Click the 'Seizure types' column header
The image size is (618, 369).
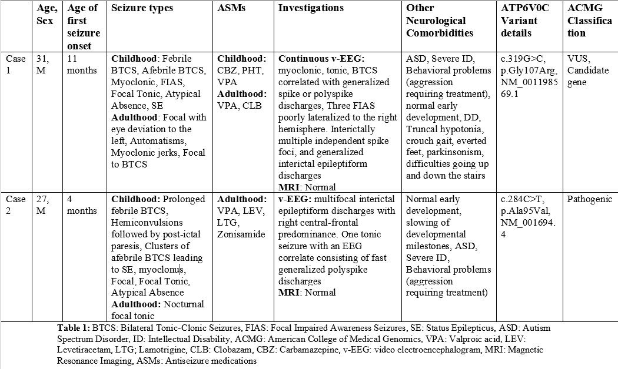pos(142,8)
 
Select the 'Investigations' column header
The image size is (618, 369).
pos(311,8)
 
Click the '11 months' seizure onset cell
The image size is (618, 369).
pos(82,64)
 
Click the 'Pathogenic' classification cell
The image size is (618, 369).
pos(589,199)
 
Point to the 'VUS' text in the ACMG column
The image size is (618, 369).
pos(577,59)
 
